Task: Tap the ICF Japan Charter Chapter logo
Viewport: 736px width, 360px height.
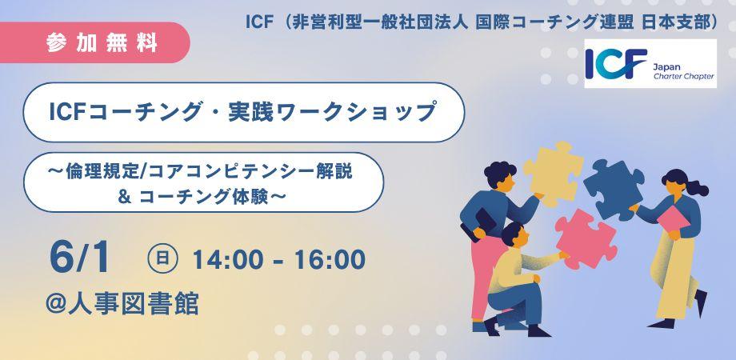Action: (650, 64)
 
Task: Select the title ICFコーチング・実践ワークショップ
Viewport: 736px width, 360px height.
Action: (243, 112)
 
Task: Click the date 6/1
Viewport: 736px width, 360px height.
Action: (78, 258)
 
